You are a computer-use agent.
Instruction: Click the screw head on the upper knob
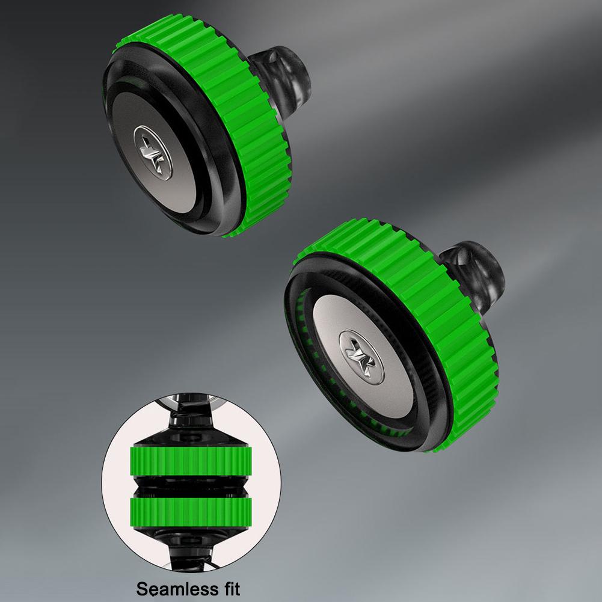coord(153,152)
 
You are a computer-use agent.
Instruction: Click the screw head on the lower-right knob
coord(361,357)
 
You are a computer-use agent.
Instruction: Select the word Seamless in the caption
coord(171,588)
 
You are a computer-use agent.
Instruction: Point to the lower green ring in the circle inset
coord(191,512)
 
